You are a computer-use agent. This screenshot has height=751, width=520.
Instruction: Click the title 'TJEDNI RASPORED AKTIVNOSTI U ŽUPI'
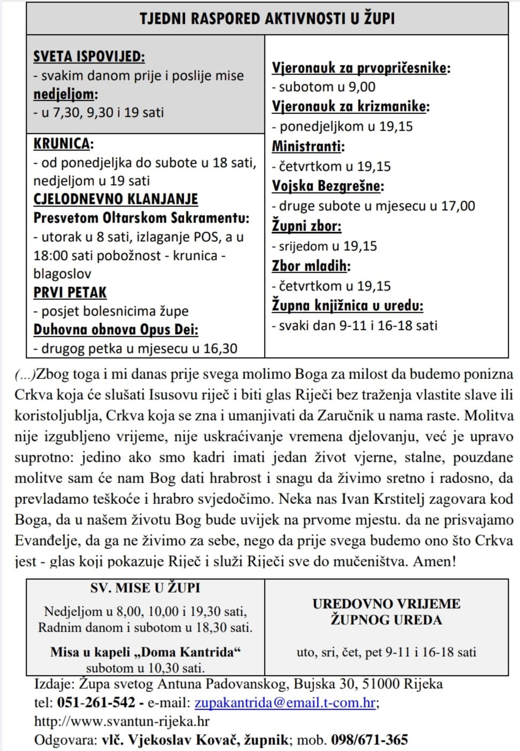click(x=267, y=19)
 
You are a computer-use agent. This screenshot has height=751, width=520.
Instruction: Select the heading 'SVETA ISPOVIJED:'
click(x=89, y=56)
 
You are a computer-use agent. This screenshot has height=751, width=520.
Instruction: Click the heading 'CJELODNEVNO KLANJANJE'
click(x=115, y=199)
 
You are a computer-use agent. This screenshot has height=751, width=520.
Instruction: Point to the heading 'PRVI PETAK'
click(x=70, y=292)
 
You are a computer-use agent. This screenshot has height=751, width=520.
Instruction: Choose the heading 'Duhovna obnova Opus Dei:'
click(x=115, y=330)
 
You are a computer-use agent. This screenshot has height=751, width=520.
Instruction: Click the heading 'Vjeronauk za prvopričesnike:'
click(x=361, y=68)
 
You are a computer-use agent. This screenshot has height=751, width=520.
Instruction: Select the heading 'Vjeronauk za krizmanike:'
click(x=351, y=106)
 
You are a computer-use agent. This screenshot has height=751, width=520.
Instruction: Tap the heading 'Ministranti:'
click(x=308, y=146)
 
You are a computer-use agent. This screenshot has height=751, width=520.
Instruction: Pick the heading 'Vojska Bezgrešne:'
click(x=328, y=186)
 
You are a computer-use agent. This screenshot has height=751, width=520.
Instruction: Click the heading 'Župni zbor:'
click(x=306, y=226)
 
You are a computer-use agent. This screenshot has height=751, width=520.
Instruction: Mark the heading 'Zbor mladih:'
click(x=311, y=265)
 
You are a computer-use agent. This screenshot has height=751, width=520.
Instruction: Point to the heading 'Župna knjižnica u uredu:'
click(x=347, y=306)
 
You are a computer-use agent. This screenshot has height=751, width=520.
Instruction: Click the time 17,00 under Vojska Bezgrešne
click(x=458, y=206)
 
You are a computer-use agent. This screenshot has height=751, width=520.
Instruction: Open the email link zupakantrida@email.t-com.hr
click(x=285, y=702)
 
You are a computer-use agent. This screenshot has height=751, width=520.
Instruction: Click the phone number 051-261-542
click(x=96, y=702)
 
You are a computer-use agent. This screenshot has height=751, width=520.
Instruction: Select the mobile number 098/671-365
click(x=369, y=740)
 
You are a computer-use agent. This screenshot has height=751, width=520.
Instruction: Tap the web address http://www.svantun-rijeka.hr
click(x=122, y=721)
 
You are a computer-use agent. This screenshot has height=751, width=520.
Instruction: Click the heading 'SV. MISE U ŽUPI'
click(x=145, y=588)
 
